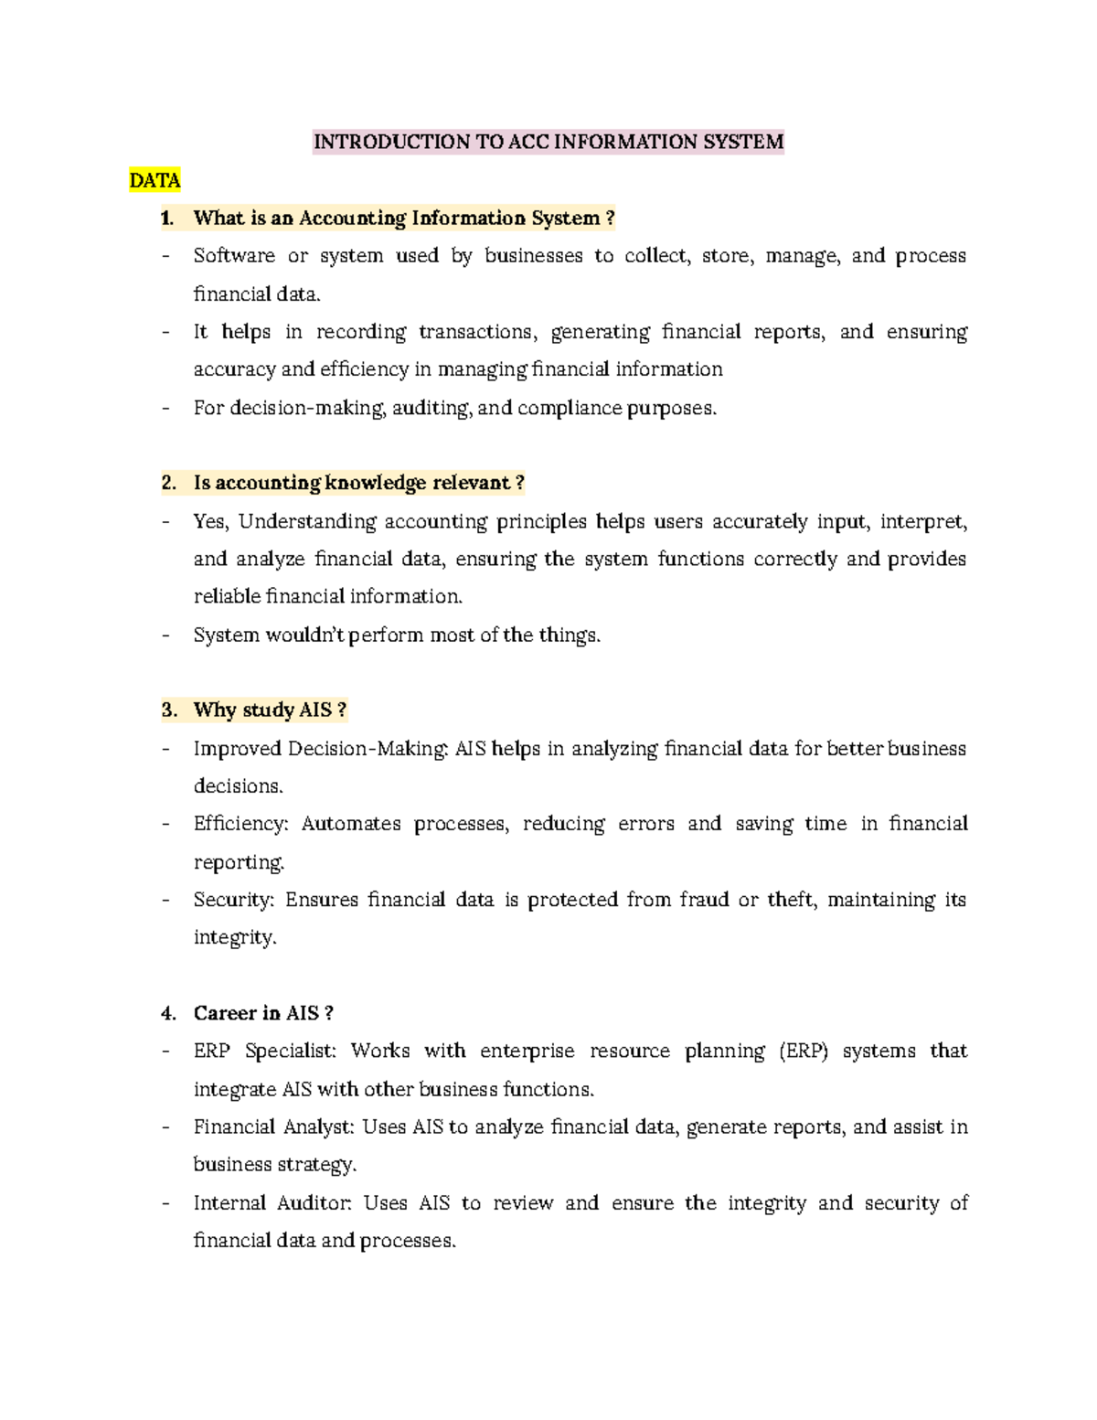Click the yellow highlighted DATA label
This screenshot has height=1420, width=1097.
(154, 180)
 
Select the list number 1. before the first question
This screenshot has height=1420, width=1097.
(167, 218)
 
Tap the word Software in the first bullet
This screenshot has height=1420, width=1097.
(234, 256)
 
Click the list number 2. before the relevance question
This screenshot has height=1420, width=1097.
(168, 483)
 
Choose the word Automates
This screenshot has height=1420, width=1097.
(351, 824)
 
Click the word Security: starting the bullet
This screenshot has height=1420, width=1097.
(233, 900)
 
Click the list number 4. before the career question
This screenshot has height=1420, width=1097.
(168, 1013)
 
